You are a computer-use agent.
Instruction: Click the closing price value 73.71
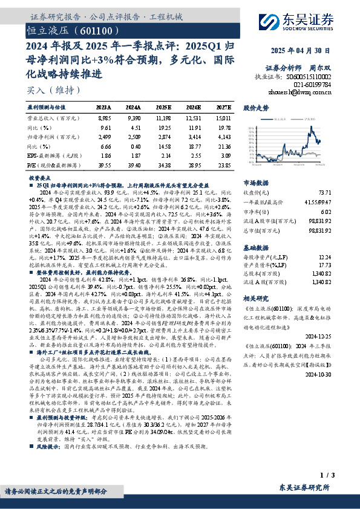[341, 190]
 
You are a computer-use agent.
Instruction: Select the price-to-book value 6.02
[342, 211]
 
